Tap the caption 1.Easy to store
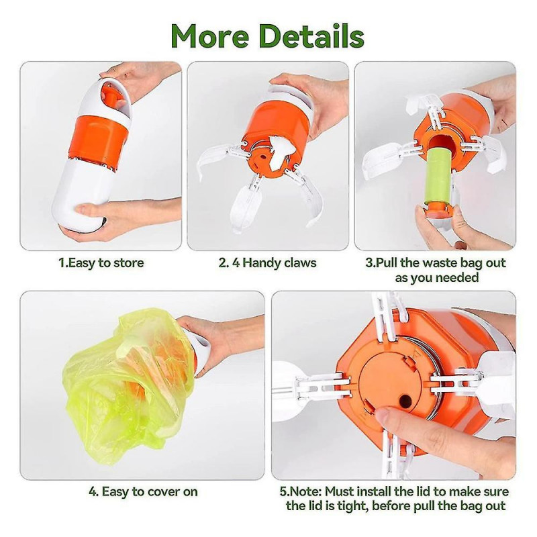point(101,262)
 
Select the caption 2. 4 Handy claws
point(267,262)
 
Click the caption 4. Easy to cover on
point(143,491)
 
